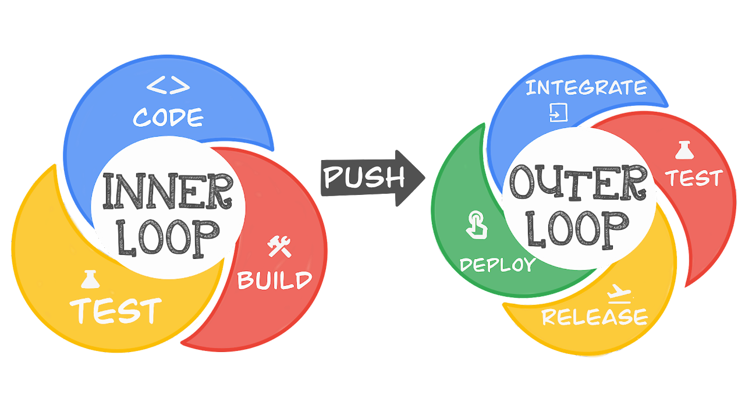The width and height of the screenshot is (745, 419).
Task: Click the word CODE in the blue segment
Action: pos(168,117)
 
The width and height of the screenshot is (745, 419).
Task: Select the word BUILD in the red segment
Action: pos(275,280)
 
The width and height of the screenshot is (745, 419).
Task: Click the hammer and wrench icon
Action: pos(279,247)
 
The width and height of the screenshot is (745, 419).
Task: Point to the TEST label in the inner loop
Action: pos(116,310)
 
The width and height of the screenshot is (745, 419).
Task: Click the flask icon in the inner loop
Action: pos(90,280)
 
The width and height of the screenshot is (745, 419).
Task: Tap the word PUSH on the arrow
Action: pos(364,177)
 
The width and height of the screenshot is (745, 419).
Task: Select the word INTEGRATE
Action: pos(586,88)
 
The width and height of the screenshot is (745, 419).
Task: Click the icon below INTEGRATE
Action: pos(558,112)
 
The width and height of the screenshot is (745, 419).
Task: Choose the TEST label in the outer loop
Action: pos(694,178)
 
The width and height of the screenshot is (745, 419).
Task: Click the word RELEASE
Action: pos(594,317)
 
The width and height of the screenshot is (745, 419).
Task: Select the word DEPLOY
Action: pos(498,265)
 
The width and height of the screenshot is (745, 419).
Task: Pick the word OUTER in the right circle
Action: pos(578,182)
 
